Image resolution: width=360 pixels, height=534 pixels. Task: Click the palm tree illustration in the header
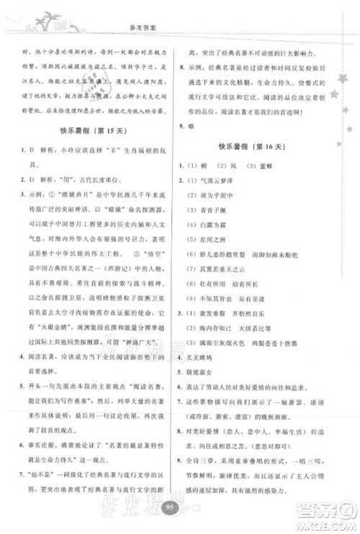[x=31, y=17]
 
